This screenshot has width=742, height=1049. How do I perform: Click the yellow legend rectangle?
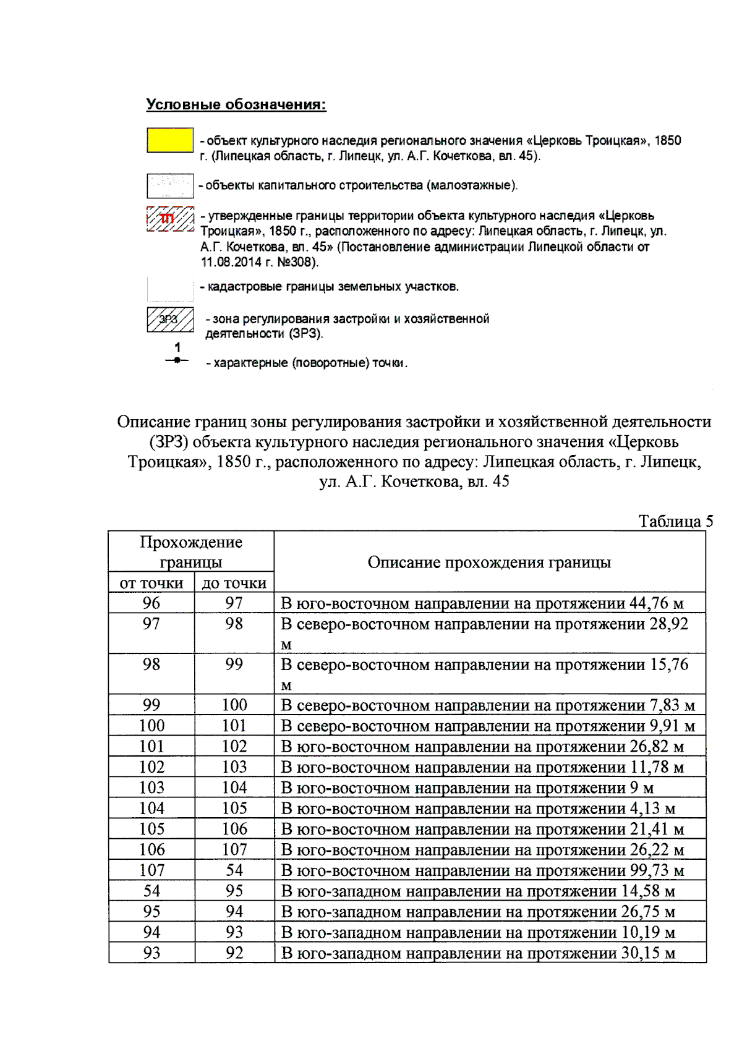tap(170, 140)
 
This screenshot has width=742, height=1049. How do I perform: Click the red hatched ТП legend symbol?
tap(170, 219)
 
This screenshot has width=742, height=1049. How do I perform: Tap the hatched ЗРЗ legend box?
tap(170, 320)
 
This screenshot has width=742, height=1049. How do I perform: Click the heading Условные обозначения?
tap(236, 104)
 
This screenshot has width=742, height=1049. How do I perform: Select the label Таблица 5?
tap(675, 521)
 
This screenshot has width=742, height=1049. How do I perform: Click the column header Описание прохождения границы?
tap(489, 562)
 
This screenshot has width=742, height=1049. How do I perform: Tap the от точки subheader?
tap(151, 583)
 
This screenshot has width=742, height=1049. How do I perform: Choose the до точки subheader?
tap(234, 583)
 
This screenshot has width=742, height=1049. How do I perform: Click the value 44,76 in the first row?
tap(649, 603)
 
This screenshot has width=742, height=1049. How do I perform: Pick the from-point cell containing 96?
tap(151, 603)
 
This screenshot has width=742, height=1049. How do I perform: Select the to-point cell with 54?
tap(234, 870)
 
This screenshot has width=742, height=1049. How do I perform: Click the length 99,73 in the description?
tap(649, 870)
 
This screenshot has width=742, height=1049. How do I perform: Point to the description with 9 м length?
tap(467, 788)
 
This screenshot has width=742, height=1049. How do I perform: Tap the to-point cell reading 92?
tap(234, 953)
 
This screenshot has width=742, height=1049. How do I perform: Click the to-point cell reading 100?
tap(234, 705)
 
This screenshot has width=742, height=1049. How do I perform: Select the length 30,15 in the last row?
tap(641, 953)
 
